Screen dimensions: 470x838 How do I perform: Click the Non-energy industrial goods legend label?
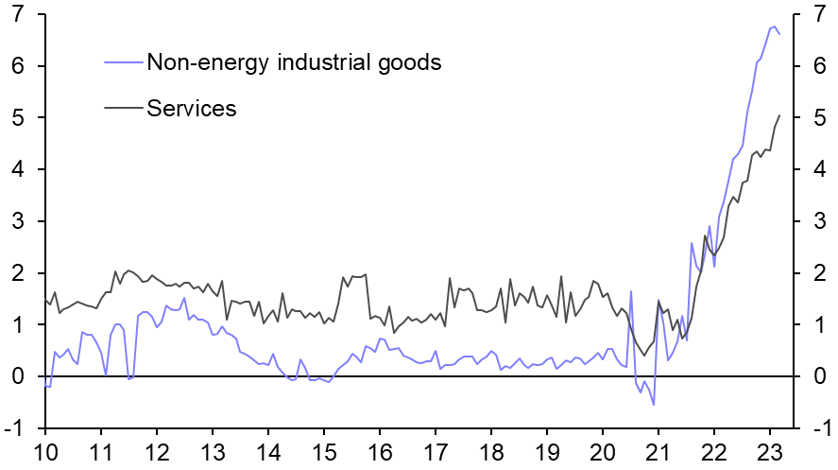[294, 62]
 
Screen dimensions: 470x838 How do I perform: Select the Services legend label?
[191, 108]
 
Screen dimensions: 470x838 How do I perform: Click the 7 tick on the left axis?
[17, 15]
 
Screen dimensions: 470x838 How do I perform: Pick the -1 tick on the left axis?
[13, 428]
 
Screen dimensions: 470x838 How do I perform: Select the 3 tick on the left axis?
[17, 221]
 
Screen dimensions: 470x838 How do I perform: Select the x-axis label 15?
[323, 451]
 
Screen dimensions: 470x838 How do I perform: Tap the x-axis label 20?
[601, 451]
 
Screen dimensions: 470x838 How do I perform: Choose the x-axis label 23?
[769, 451]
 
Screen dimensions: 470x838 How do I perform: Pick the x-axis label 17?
[435, 451]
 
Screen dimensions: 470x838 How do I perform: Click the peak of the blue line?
[774, 26]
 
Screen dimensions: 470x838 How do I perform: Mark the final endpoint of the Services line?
[779, 115]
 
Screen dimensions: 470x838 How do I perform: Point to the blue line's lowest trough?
[654, 405]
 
